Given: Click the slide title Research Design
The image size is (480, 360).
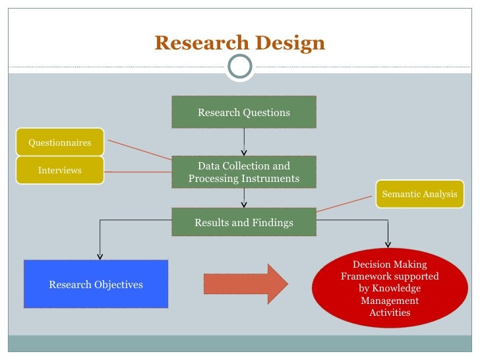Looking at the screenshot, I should click(x=239, y=44).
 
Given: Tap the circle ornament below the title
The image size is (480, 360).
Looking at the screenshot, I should click(x=239, y=66).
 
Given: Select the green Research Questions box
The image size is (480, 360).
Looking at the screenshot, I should click(x=244, y=112).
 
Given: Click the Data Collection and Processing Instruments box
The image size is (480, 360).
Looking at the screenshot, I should click(x=244, y=172).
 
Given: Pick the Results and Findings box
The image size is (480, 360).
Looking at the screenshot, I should click(x=244, y=222).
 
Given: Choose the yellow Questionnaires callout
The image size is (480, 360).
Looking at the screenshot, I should click(x=60, y=142).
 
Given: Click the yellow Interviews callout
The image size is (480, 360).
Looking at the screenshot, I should click(x=60, y=170).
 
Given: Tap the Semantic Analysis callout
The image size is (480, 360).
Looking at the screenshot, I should click(x=419, y=194).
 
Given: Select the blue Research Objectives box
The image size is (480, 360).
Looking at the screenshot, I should click(x=96, y=284).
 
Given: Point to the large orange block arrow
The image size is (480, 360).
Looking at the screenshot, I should click(x=245, y=284).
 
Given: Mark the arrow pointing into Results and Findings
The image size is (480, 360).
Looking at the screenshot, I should click(x=244, y=197).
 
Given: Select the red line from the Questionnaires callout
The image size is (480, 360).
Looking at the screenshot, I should click(x=140, y=150).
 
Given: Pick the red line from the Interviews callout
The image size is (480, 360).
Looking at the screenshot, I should click(x=138, y=171).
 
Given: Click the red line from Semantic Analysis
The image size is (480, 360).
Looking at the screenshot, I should click(x=346, y=202).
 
